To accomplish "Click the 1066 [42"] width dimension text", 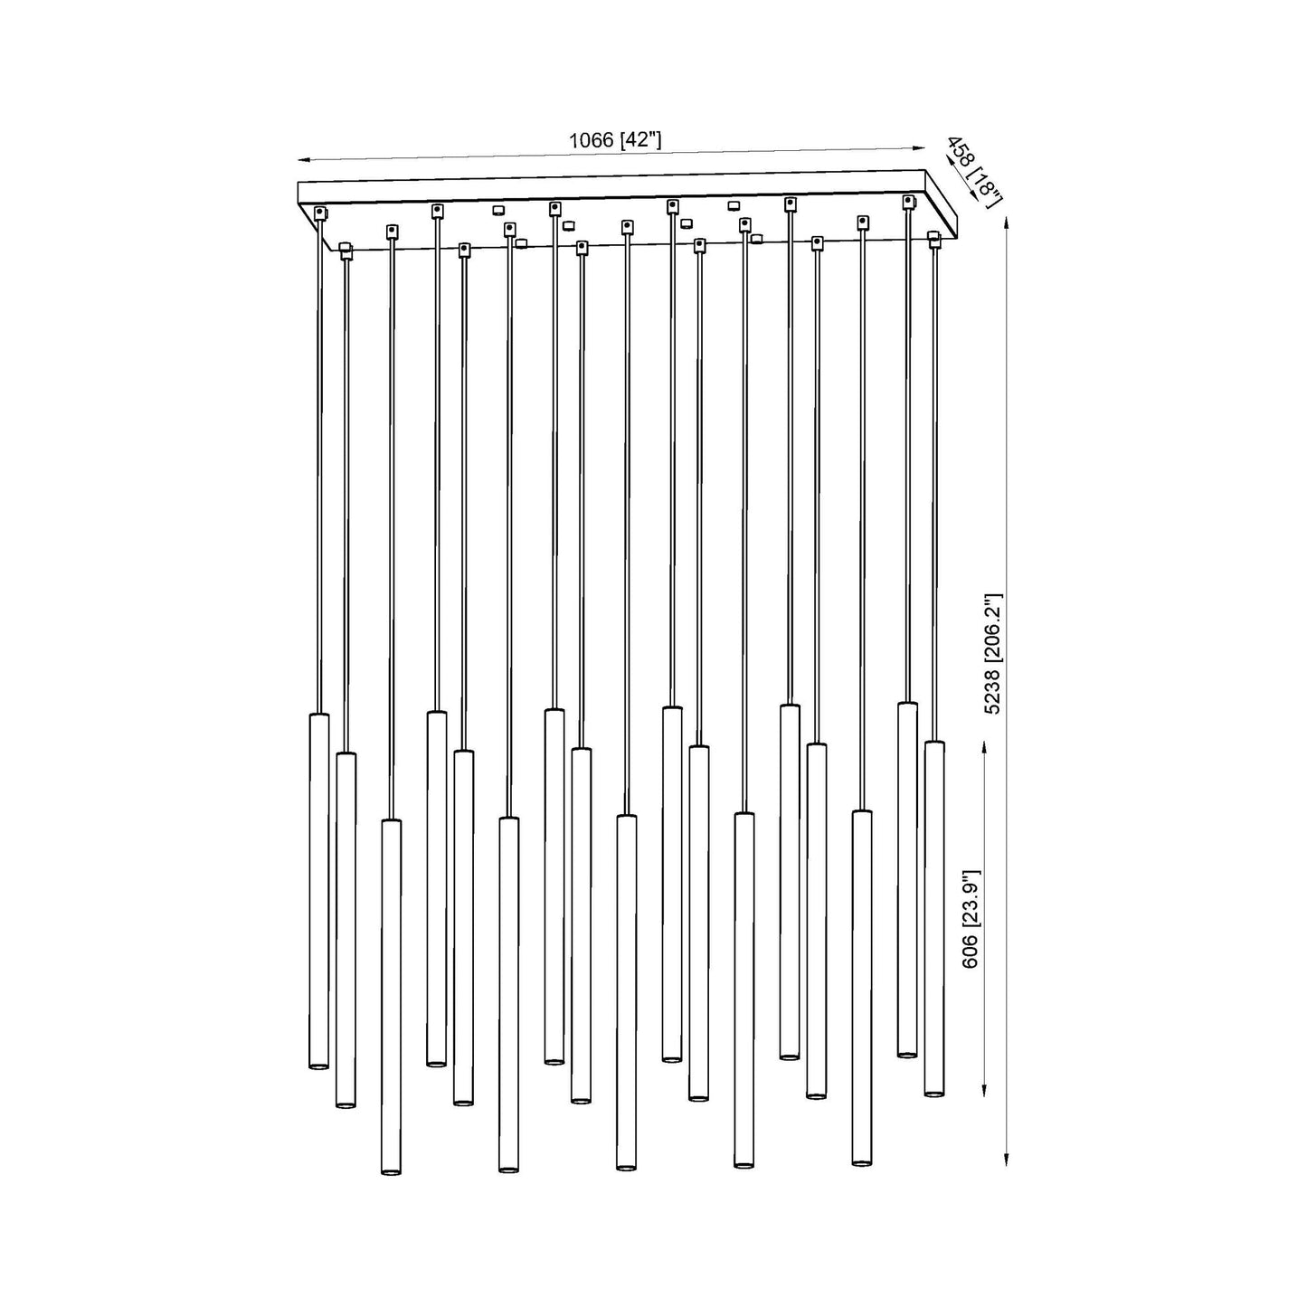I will click(615, 140).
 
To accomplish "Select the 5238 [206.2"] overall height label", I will click(993, 653).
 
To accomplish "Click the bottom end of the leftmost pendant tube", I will click(318, 1067).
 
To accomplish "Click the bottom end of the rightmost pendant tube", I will click(934, 1094).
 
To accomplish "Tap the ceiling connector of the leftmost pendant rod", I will click(319, 213).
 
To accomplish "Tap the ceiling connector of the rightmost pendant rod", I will click(934, 237).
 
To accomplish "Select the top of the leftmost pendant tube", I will click(318, 715).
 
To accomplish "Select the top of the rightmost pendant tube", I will click(934, 743).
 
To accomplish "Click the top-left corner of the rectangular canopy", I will click(299, 184).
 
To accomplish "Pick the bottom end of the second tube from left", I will click(346, 1104).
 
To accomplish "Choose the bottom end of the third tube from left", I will click(391, 1172).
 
